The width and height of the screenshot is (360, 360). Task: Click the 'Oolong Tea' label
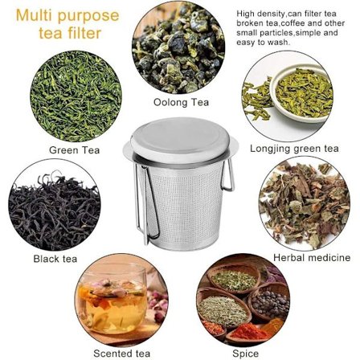point(181,102)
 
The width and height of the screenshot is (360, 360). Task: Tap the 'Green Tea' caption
point(74,150)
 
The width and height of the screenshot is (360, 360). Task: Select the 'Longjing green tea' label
point(294,149)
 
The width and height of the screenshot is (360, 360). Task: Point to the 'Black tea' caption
point(55,259)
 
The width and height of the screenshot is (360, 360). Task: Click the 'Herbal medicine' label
point(312,258)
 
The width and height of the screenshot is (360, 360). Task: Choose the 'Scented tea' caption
point(122,353)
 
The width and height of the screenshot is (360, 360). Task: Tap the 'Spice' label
point(245,354)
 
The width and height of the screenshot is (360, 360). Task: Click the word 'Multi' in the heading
point(35,15)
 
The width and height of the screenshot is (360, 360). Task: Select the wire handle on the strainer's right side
point(227,174)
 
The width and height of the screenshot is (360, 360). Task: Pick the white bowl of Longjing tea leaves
point(301,92)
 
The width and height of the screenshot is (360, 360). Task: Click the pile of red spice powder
point(247,332)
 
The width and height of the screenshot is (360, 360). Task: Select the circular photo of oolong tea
point(178,47)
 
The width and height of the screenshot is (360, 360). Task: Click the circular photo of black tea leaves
point(55,205)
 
